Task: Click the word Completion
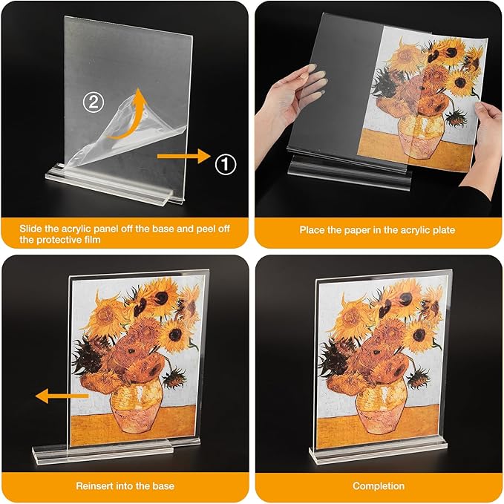click(379, 486)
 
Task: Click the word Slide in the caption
click(32, 229)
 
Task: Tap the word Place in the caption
click(312, 230)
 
